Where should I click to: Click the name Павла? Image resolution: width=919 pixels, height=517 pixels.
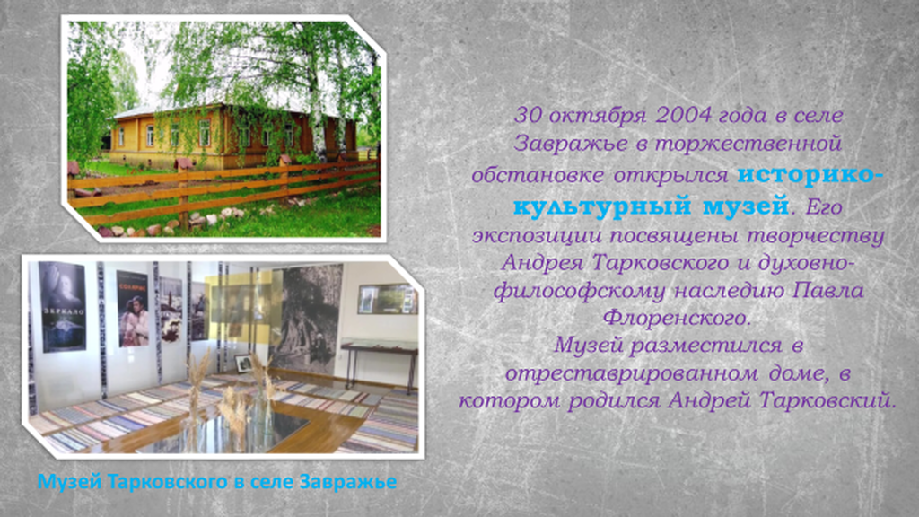tap(828, 290)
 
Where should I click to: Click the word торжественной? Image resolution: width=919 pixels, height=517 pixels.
tap(748, 144)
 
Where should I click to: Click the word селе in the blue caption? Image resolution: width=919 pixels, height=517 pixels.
tap(273, 482)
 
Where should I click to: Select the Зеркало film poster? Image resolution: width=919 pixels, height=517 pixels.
tap(62, 306)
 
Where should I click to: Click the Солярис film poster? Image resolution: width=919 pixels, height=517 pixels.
tap(132, 309)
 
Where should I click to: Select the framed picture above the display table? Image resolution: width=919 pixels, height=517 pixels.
tap(388, 299)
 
